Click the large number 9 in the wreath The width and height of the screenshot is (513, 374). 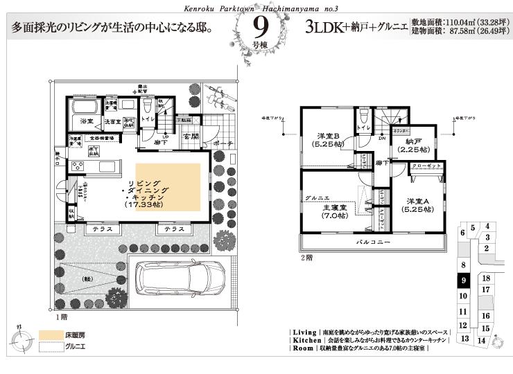coord(261,27)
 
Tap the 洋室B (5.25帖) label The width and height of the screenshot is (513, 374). coord(327,141)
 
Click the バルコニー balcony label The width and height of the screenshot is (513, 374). coord(373,243)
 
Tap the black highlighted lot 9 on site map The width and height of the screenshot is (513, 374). coord(464,280)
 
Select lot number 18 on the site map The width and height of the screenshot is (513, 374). coord(486,278)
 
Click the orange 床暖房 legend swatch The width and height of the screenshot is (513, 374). coord(49,334)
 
